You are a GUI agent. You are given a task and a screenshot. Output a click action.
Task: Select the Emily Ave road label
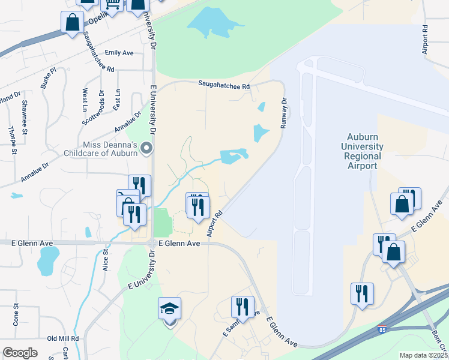(x=119, y=53)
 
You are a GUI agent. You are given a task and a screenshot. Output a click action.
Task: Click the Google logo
(x=20, y=353)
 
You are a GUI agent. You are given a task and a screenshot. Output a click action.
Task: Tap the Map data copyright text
(x=424, y=355)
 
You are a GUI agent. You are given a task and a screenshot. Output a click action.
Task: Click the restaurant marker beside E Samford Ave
(x=243, y=307)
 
